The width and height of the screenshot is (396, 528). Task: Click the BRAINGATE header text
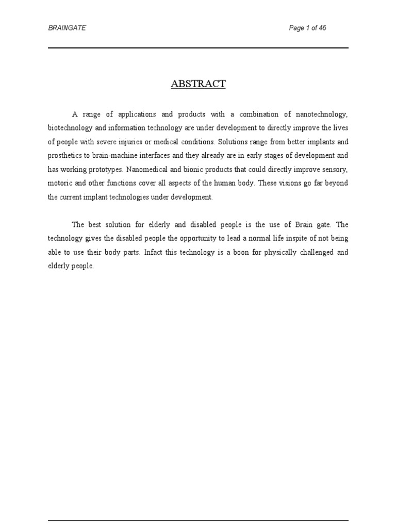pyautogui.click(x=67, y=28)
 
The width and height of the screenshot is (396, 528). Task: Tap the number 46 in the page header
pyautogui.click(x=322, y=28)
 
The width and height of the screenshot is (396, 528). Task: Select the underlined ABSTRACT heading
pyautogui.click(x=198, y=84)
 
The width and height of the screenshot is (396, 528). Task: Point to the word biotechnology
pyautogui.click(x=69, y=127)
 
